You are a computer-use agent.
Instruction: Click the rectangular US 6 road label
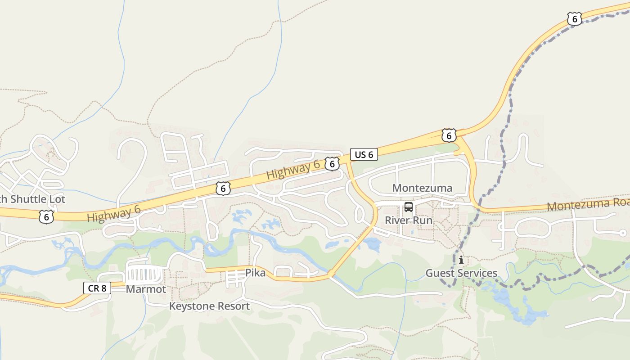click(364, 155)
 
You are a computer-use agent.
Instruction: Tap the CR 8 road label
click(97, 288)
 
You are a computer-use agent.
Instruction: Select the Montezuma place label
click(422, 188)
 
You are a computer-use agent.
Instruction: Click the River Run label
click(408, 220)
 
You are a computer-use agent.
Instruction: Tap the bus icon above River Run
click(408, 207)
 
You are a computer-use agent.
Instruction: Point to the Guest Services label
click(461, 273)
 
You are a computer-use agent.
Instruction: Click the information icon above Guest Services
click(461, 260)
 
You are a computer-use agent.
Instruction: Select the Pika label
click(255, 273)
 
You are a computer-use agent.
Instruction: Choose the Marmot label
click(146, 289)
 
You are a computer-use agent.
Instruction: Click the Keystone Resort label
click(209, 306)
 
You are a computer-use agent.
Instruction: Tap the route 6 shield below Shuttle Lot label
click(46, 216)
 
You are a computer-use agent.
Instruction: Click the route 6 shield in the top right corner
click(574, 18)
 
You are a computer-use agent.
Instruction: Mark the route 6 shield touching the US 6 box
click(332, 164)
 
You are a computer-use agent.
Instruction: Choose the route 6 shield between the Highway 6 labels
click(223, 189)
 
